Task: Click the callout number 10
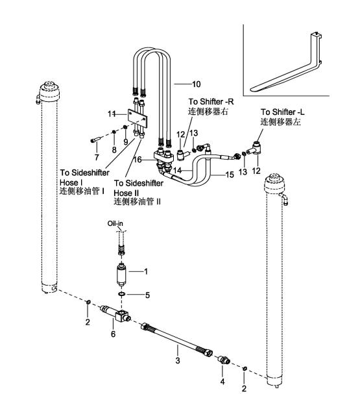pyautogui.click(x=197, y=84)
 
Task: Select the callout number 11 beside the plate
pyautogui.click(x=112, y=114)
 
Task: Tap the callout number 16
pyautogui.click(x=138, y=160)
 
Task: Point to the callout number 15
pyautogui.click(x=230, y=175)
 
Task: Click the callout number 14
pyautogui.click(x=177, y=171)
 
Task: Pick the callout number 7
pyautogui.click(x=97, y=157)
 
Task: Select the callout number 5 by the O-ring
pyautogui.click(x=147, y=295)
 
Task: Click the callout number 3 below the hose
pyautogui.click(x=178, y=361)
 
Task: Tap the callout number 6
pyautogui.click(x=114, y=334)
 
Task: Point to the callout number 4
pyautogui.click(x=222, y=382)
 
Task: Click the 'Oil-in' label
pyautogui.click(x=115, y=223)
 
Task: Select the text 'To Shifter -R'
pyautogui.click(x=211, y=102)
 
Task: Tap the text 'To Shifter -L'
pyautogui.click(x=282, y=112)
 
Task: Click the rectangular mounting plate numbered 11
pyautogui.click(x=138, y=118)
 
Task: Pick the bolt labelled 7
pyautogui.click(x=95, y=140)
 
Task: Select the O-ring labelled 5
pyautogui.click(x=121, y=294)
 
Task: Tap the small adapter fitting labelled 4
pyautogui.click(x=224, y=360)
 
